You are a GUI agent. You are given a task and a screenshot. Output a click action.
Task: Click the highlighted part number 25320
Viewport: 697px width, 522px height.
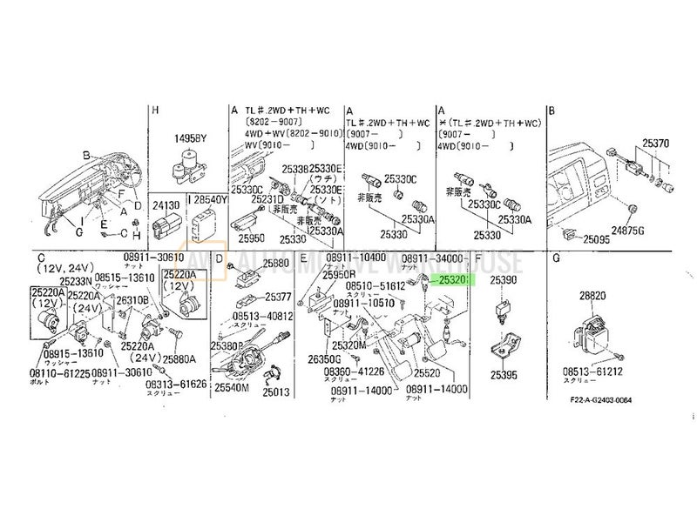click(454, 281)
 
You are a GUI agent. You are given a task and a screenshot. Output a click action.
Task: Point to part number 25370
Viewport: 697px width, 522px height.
click(656, 142)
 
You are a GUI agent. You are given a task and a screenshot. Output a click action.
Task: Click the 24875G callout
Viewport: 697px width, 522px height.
click(653, 231)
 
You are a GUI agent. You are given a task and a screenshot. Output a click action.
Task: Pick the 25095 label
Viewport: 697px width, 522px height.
click(601, 238)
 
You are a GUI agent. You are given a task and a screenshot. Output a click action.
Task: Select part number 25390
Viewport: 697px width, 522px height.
click(503, 284)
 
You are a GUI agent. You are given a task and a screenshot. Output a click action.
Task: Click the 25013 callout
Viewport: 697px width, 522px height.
click(275, 392)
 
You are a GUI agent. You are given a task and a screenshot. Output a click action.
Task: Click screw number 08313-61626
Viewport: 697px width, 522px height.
click(177, 384)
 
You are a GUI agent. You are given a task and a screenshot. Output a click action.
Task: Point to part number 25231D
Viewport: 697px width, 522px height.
click(268, 198)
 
